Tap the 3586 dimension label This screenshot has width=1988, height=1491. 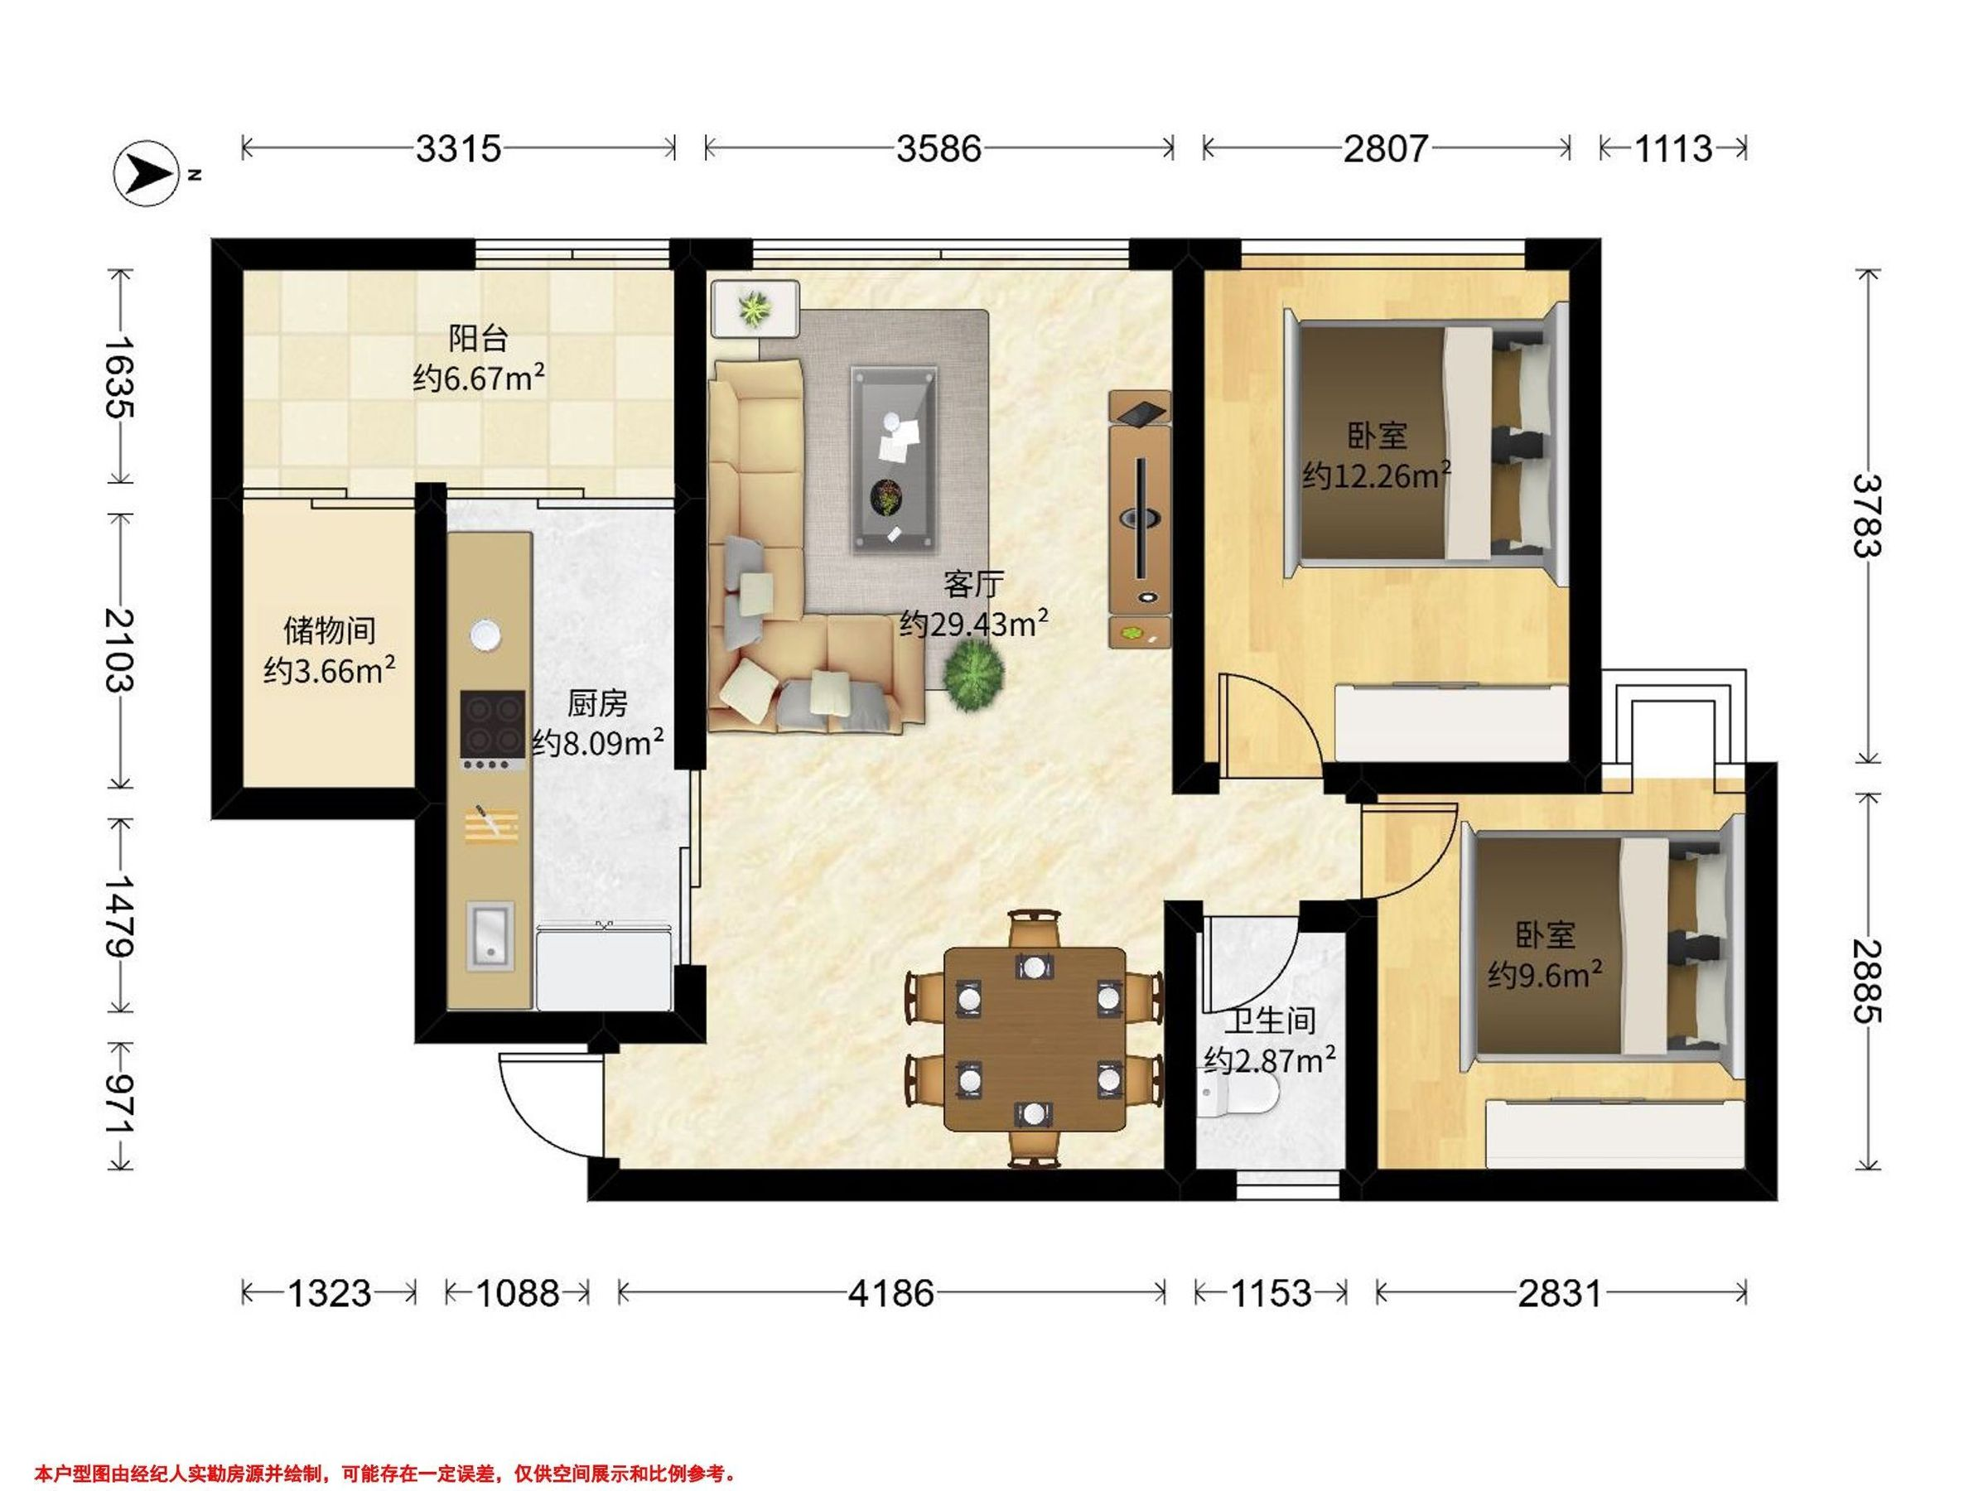939,148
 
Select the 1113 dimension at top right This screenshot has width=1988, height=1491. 1672,148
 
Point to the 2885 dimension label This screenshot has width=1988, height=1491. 1867,982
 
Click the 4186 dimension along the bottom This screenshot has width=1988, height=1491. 891,1294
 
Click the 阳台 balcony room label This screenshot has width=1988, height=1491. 478,339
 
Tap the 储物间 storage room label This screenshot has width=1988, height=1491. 330,631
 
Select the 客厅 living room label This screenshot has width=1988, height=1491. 972,585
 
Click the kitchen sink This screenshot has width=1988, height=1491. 490,938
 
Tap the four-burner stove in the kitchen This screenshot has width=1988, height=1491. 493,731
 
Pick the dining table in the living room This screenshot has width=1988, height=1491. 1035,1039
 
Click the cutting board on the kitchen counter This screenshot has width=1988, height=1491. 490,824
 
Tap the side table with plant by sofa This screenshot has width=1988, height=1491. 755,308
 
